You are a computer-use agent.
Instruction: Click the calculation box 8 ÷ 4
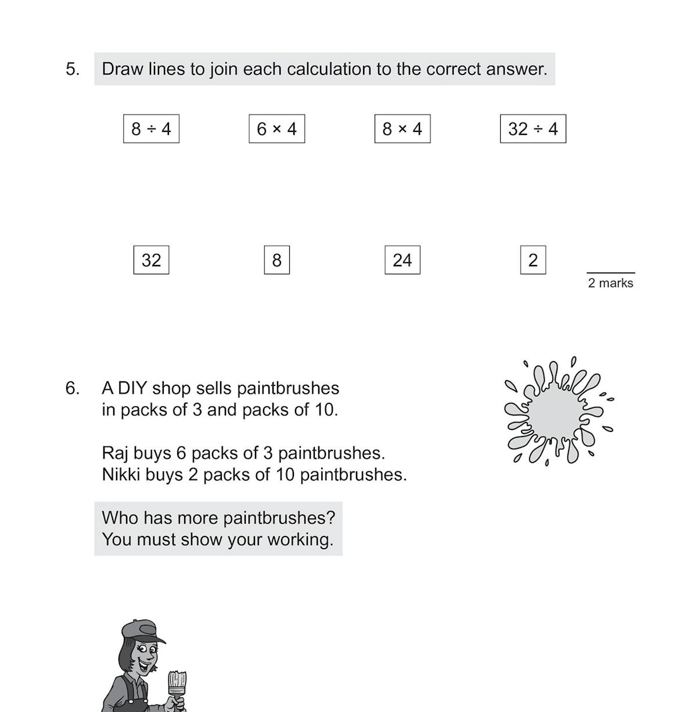pos(151,128)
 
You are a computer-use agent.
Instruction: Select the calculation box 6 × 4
pos(276,128)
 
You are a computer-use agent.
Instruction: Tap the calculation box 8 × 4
pos(402,128)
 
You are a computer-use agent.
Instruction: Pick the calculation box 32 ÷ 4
pos(533,128)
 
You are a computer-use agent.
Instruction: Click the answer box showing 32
pos(151,260)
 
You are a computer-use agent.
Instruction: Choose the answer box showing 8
pos(276,260)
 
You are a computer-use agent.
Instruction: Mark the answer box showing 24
pos(402,260)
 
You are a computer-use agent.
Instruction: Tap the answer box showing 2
pos(533,260)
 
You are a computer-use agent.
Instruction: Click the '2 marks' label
pos(610,283)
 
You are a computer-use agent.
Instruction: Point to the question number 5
pos(72,69)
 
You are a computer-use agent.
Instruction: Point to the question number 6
pos(72,388)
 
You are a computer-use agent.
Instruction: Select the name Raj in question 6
pos(115,453)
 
